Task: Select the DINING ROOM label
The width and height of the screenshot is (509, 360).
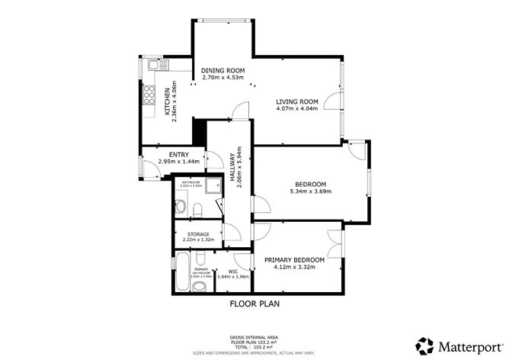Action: tap(222, 71)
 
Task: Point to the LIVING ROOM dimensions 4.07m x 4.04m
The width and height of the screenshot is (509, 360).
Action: tap(296, 108)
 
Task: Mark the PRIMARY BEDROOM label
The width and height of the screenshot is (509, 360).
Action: tap(294, 260)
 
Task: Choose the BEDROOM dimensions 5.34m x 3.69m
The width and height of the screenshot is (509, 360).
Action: tap(310, 192)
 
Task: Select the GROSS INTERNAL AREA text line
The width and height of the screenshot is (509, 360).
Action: tap(254, 336)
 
